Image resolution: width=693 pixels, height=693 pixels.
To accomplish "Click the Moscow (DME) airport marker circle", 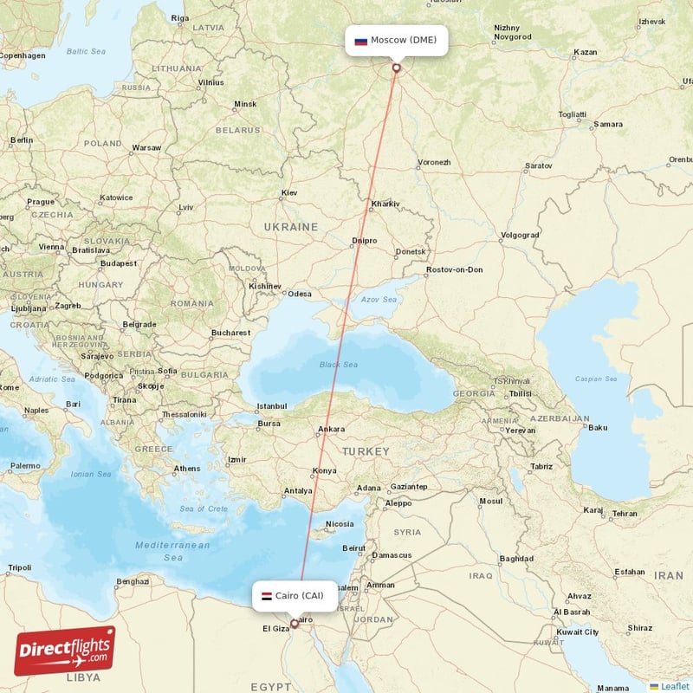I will click(397, 68).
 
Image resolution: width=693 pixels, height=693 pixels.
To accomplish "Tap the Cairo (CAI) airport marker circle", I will click(294, 623).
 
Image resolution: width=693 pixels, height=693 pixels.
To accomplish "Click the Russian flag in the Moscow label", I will click(360, 41).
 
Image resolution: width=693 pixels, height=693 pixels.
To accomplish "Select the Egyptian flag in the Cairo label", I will click(267, 596).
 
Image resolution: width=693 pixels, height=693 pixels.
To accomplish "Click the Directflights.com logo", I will click(65, 651).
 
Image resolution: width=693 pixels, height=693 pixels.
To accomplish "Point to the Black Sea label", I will click(338, 365).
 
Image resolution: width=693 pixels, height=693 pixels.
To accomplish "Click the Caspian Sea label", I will click(597, 379).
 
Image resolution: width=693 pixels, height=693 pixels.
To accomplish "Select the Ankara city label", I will click(331, 429).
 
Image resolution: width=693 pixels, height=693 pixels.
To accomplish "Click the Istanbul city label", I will click(271, 405).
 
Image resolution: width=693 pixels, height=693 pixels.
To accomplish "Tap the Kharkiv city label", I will click(385, 204).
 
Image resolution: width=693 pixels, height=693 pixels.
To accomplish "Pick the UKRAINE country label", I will click(291, 227).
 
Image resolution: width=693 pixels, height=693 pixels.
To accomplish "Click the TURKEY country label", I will click(365, 451).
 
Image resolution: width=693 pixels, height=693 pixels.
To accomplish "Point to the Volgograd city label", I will click(519, 235).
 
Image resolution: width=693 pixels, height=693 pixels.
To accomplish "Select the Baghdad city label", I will click(516, 559).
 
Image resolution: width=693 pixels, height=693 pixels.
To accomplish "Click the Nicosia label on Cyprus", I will click(339, 523).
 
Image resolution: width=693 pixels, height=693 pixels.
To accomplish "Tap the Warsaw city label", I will click(146, 147).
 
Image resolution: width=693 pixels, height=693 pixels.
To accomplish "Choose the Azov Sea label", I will click(379, 300).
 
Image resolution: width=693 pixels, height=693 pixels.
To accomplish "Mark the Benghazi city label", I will click(133, 581).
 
